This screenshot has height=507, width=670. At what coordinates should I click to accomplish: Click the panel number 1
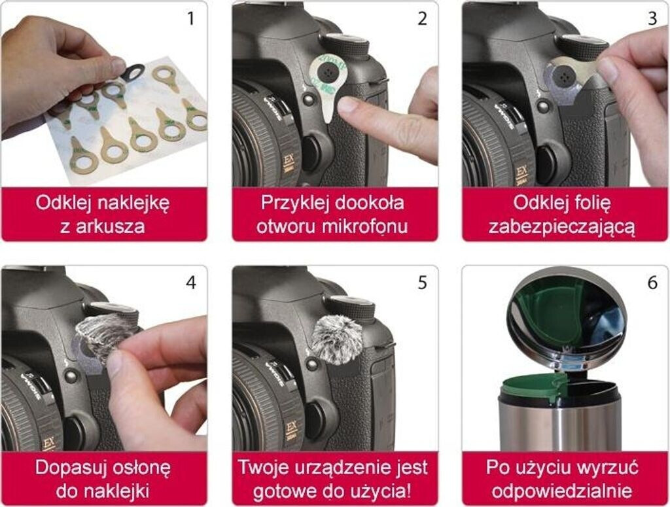click(190, 19)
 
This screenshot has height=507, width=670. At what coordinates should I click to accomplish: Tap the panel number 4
click(191, 283)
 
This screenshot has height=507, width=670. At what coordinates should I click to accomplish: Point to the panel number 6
click(652, 283)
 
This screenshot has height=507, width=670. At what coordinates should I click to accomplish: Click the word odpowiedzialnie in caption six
click(561, 491)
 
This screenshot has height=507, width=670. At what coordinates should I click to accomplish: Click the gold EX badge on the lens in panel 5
click(291, 430)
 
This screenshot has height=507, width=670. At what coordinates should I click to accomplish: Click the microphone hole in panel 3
click(560, 75)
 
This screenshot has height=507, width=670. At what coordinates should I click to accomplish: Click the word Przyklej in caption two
click(295, 203)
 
